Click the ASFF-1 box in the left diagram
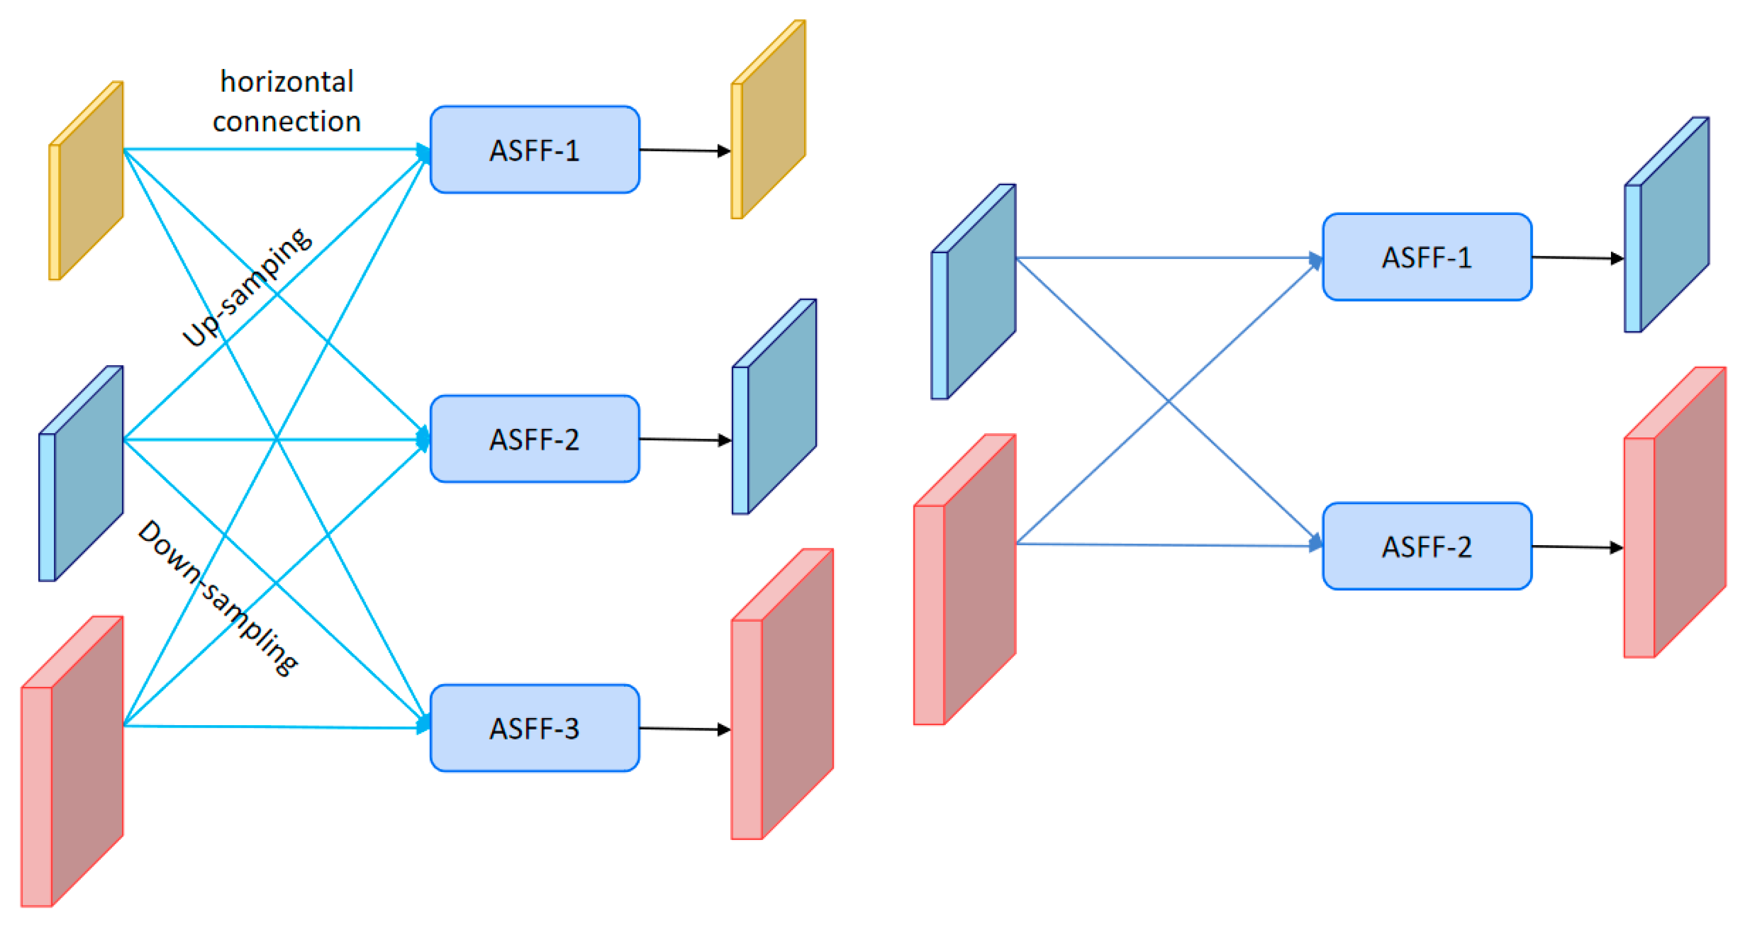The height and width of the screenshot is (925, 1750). click(x=535, y=149)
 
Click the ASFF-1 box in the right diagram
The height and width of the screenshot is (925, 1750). click(x=1427, y=258)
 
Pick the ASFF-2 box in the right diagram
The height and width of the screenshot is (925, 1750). click(x=1427, y=546)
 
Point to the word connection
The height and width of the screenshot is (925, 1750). click(x=287, y=122)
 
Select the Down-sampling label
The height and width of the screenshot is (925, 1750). click(x=217, y=597)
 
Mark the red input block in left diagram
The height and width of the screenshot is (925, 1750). click(x=73, y=761)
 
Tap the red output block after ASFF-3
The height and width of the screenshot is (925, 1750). click(x=783, y=694)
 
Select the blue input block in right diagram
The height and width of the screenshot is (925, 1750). click(x=974, y=292)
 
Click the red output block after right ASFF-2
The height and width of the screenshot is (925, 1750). click(x=1675, y=513)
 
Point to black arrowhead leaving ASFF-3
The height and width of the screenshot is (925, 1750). click(x=724, y=729)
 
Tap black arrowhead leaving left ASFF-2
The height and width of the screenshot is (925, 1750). click(x=724, y=440)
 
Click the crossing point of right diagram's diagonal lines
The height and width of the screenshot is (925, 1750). click(x=1168, y=401)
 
